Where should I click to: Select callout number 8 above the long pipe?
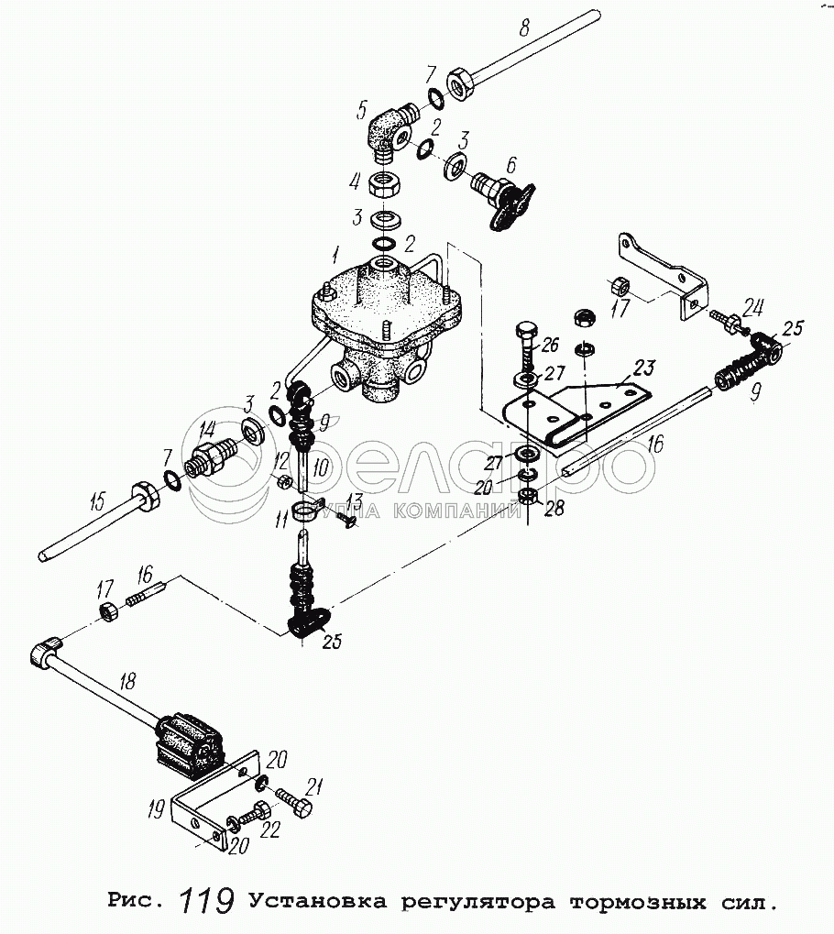pyautogui.click(x=523, y=27)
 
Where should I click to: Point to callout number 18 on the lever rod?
pyautogui.click(x=127, y=681)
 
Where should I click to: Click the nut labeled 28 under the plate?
pyautogui.click(x=526, y=496)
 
